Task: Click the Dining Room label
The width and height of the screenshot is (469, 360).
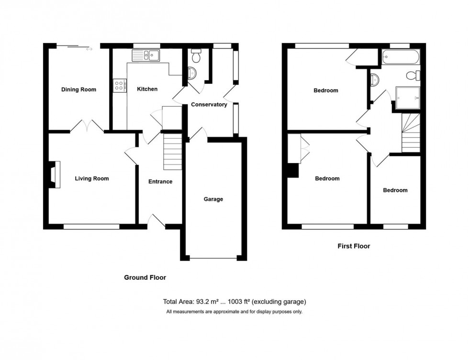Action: (78, 89)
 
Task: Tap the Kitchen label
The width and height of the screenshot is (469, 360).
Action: (147, 89)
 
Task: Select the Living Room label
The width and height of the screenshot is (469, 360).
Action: (91, 179)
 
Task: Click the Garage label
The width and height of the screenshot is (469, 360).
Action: (213, 199)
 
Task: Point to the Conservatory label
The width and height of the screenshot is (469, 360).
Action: (209, 105)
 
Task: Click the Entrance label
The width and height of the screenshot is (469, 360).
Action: (160, 182)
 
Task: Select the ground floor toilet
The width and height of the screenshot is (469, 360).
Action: (195, 57)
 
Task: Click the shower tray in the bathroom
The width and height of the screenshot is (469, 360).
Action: (407, 98)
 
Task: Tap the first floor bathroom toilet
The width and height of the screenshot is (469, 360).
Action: (412, 76)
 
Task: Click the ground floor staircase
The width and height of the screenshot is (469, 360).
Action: (173, 152)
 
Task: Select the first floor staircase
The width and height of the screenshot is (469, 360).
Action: (411, 133)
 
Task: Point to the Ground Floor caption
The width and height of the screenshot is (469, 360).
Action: (145, 277)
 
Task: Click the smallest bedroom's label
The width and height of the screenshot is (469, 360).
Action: (395, 190)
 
